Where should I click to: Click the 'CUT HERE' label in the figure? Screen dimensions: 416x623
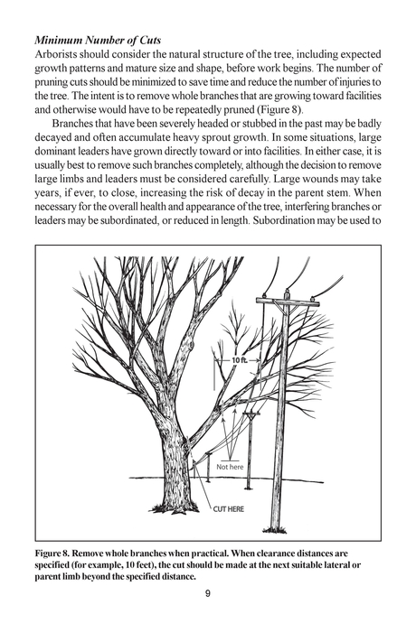(x=229, y=509)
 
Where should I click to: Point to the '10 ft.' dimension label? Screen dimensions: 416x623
(x=238, y=359)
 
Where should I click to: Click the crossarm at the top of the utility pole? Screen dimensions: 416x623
(x=287, y=302)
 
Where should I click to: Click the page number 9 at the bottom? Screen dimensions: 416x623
(x=208, y=593)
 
